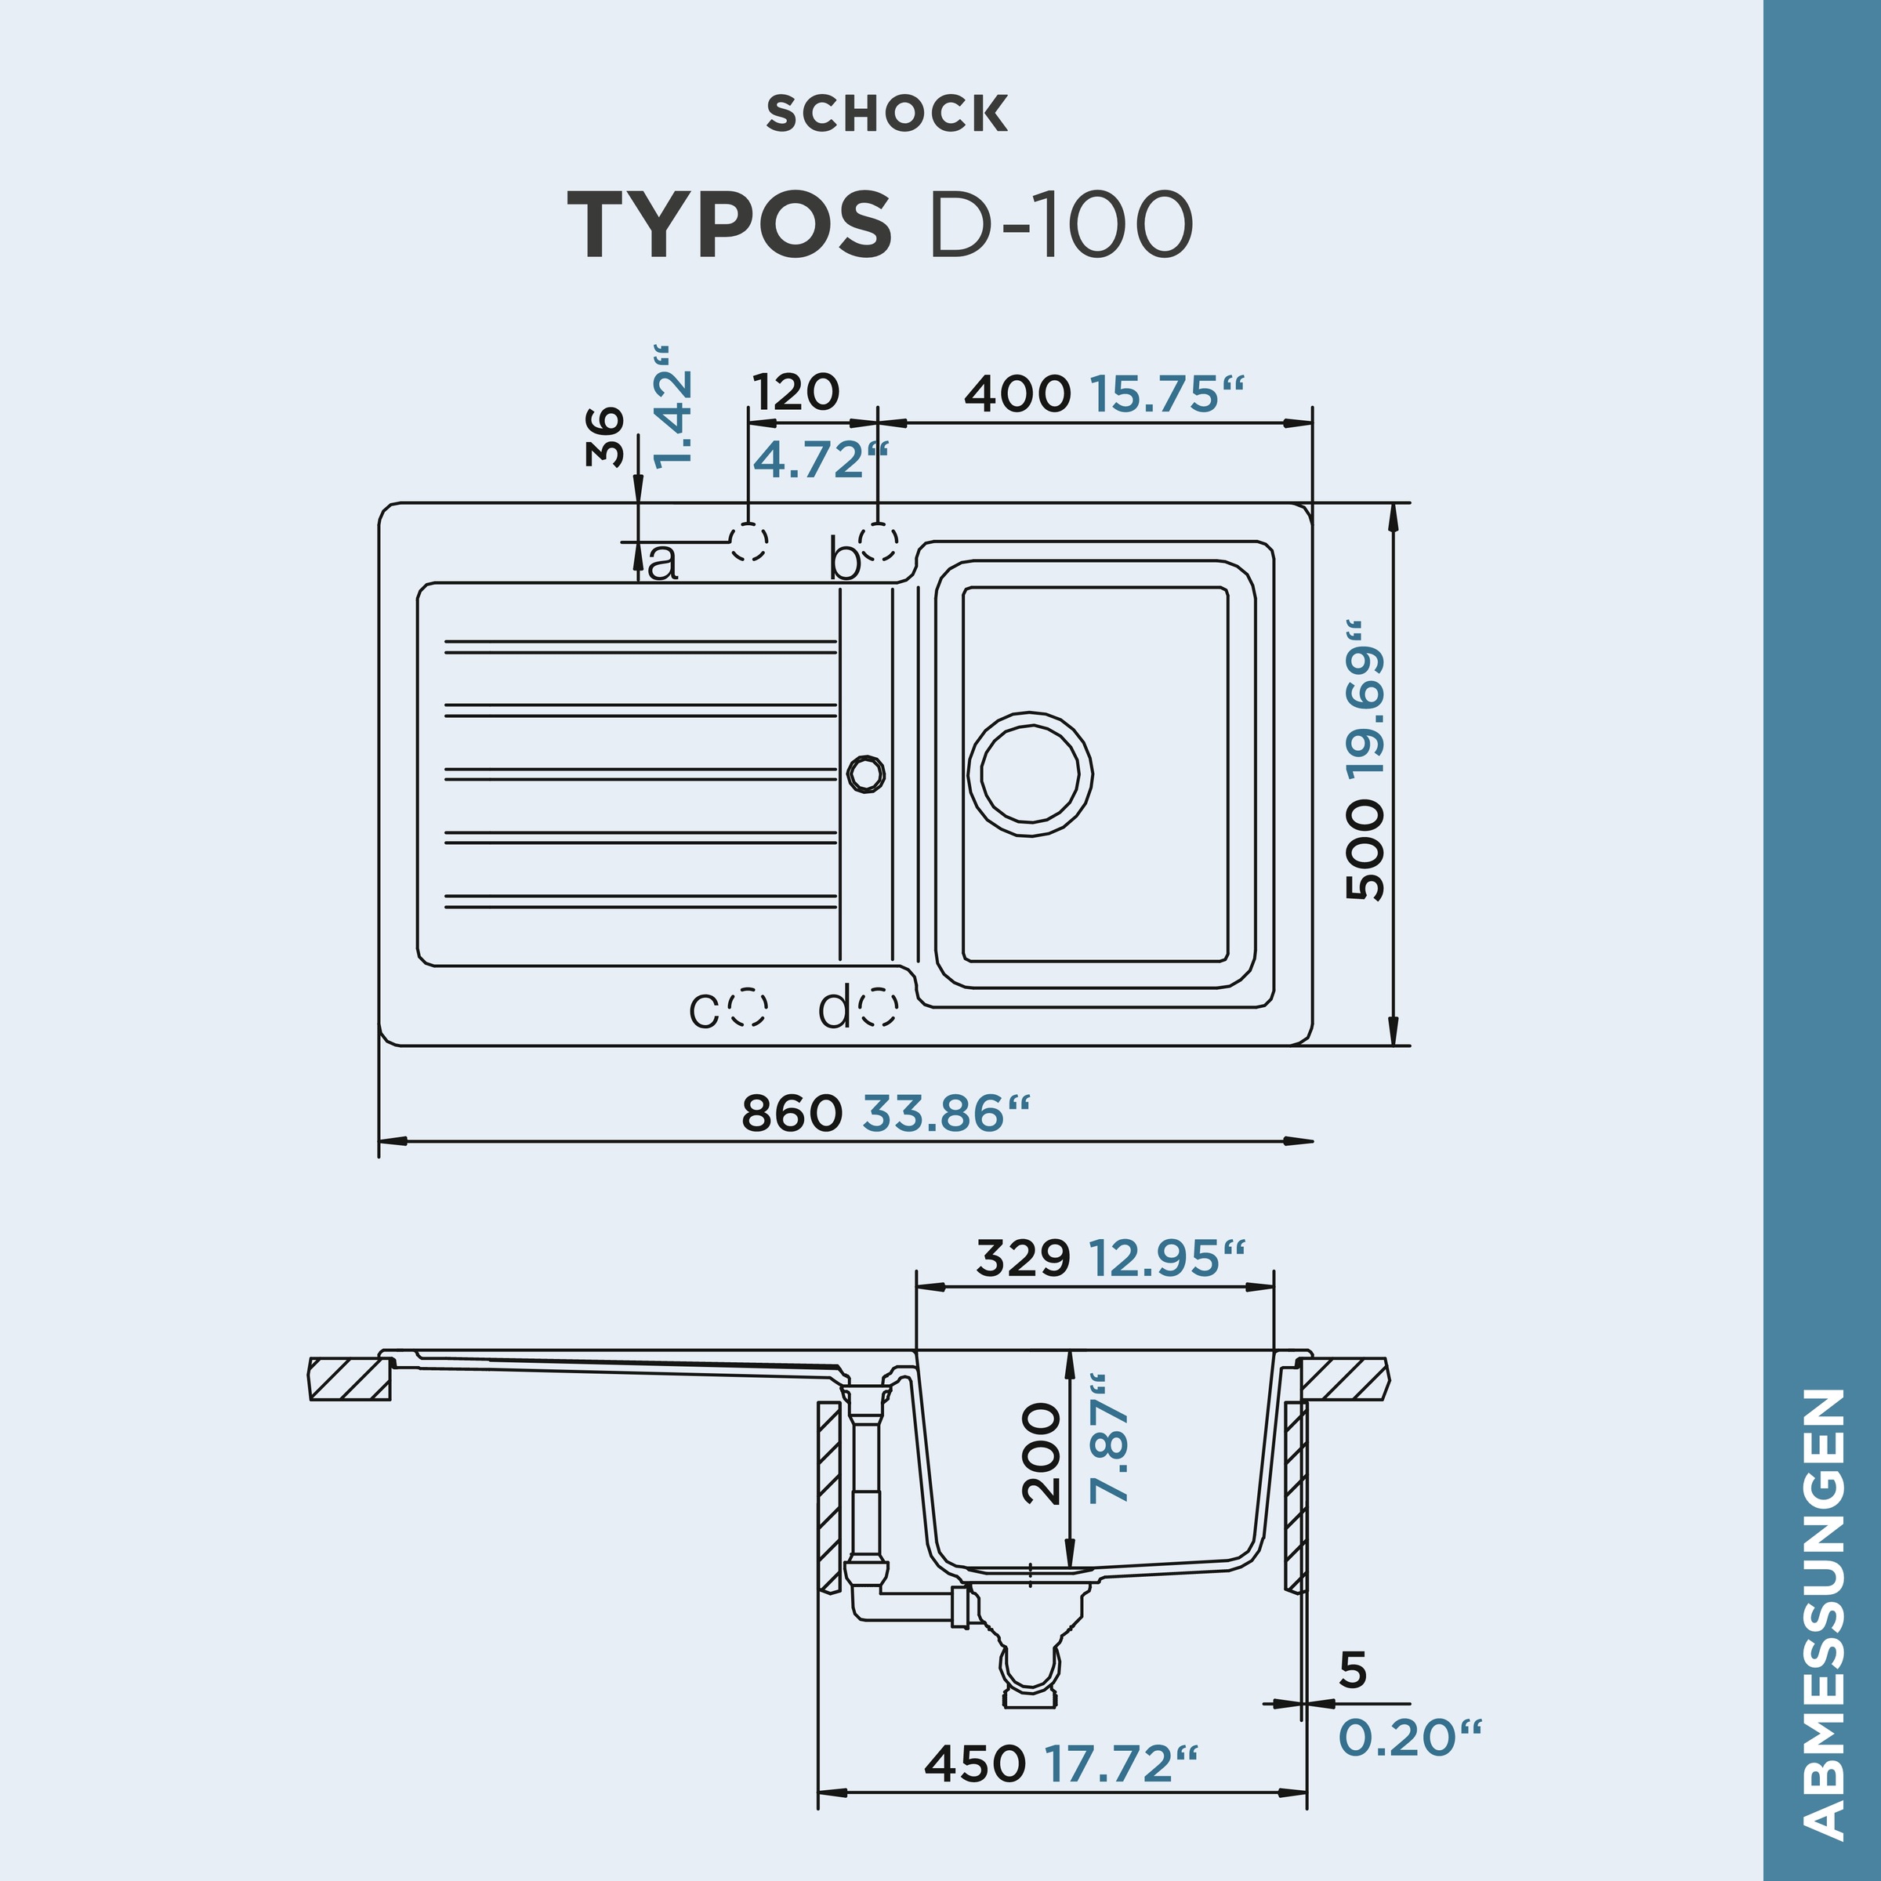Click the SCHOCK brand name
887,114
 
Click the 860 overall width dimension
792,1113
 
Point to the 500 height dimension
1364,849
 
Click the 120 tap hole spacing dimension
796,393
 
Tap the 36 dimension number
606,437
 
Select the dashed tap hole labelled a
748,542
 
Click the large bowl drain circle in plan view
1030,774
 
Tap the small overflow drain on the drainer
864,773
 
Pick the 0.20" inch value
1409,1738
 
